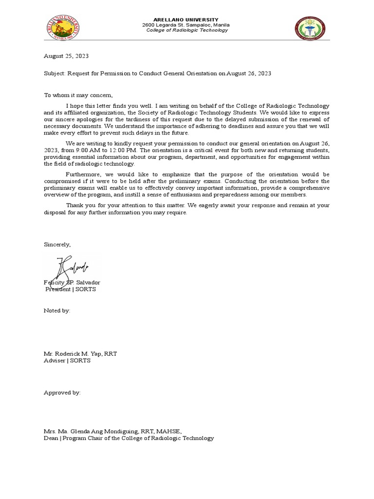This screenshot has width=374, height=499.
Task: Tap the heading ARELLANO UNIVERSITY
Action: [187, 19]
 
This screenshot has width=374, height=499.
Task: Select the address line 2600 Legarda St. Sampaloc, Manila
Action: [186, 25]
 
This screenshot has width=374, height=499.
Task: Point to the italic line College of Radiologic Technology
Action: [187, 30]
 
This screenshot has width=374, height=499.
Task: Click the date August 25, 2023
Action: [66, 57]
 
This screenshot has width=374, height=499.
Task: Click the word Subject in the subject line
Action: [54, 73]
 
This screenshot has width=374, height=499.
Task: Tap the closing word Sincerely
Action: [57, 245]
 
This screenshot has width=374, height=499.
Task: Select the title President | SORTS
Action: [71, 289]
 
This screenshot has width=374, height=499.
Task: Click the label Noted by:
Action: [57, 310]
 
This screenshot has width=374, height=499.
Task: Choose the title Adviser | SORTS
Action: [67, 361]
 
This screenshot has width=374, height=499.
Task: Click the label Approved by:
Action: [62, 392]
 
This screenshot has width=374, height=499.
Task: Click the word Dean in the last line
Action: [51, 438]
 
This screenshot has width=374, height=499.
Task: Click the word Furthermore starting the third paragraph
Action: [82, 174]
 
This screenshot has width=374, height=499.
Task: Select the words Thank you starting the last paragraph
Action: [79, 206]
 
